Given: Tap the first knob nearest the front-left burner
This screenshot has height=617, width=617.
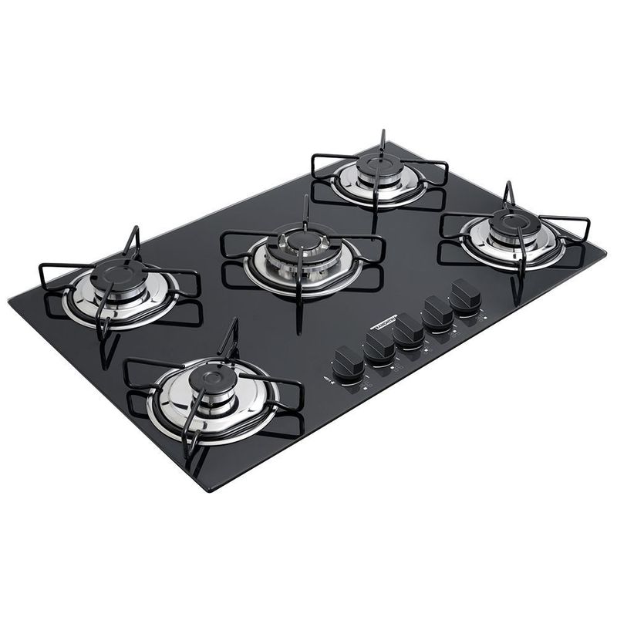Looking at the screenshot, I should pos(348,360).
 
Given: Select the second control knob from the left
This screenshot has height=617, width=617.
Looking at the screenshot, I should pos(379,344).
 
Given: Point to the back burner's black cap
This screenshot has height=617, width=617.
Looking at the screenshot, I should pos(379,165).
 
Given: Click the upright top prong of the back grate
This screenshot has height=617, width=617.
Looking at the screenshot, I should pos(382,140).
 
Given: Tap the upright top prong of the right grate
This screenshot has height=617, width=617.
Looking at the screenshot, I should pos(509,194).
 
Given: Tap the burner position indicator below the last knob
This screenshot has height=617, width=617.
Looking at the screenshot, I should pos(486,318).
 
